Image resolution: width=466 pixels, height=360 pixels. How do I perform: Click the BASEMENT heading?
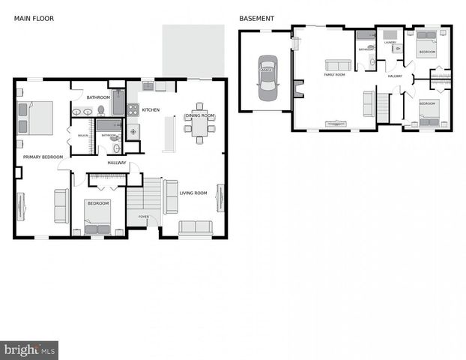[256, 18]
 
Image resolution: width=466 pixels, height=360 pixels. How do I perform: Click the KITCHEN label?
[151, 110]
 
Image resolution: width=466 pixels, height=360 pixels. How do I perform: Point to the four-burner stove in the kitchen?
[133, 109]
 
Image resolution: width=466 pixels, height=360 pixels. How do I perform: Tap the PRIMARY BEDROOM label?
[43, 157]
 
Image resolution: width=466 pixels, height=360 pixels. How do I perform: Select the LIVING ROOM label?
[193, 193]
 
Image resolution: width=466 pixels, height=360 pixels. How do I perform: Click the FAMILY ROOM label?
[334, 75]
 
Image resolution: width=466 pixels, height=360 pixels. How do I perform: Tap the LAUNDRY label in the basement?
[390, 43]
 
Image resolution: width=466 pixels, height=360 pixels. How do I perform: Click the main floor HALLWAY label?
[117, 163]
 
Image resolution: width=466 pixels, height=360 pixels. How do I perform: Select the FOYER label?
[142, 217]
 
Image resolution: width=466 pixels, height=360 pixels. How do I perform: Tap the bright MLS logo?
[29, 349]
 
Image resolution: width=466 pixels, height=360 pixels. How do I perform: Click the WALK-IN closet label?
[82, 135]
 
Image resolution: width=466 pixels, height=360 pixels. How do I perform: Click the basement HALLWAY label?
[395, 76]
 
